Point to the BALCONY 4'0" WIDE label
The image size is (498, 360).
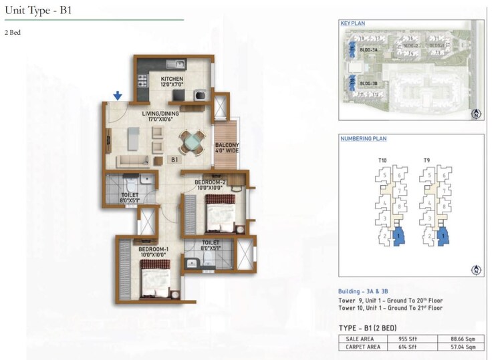pos(227,148)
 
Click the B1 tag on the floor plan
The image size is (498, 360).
pos(174,160)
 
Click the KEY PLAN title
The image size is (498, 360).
pos(352,23)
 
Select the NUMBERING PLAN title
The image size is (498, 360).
pos(363,139)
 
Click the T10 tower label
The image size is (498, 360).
pos(383,161)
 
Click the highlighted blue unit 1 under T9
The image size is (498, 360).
pos(443,235)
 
